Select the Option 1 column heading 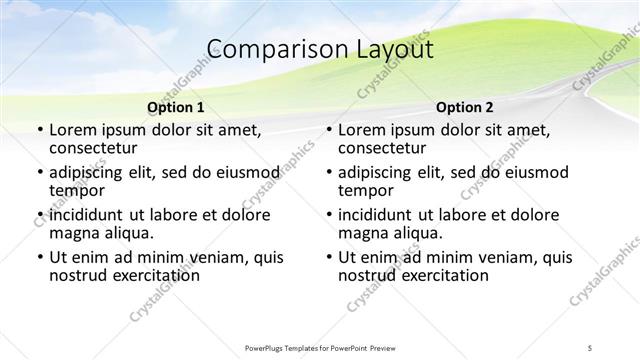175,107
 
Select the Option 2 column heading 464,107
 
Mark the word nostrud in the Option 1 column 79,276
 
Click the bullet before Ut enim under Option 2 330,258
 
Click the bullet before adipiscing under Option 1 40,173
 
